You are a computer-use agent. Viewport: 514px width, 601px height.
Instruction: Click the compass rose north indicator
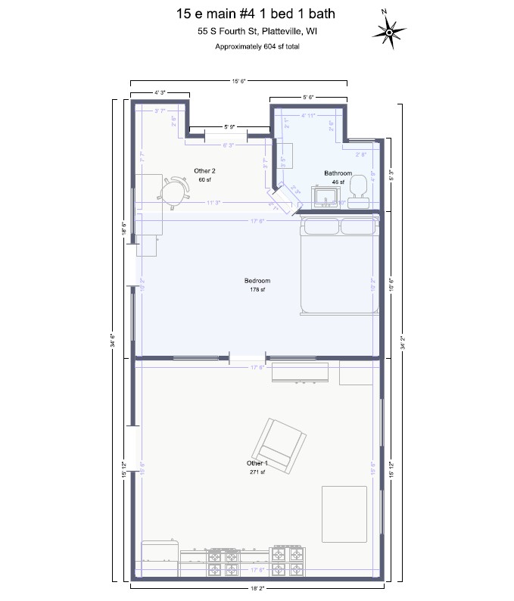pos(390,31)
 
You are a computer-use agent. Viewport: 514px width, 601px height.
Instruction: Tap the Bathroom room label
pos(338,173)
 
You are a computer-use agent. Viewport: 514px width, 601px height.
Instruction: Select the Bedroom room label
pos(257,281)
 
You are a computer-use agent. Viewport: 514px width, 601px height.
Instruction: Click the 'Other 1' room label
pos(257,462)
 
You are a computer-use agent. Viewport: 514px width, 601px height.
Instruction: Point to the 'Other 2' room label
pos(204,171)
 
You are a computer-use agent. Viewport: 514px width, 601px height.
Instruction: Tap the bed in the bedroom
pos(338,265)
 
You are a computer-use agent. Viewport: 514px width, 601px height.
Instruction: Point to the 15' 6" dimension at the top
pos(238,80)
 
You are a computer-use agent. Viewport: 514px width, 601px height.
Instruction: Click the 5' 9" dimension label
pos(229,126)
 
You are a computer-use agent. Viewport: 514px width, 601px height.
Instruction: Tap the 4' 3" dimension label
pos(160,92)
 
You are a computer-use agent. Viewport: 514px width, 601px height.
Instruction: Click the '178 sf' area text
pos(257,290)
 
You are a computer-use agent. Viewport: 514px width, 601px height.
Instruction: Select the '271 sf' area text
pos(257,472)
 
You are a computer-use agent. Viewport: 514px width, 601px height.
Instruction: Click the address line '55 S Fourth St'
pos(257,31)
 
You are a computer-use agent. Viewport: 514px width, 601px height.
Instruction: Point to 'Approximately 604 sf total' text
pos(257,46)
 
